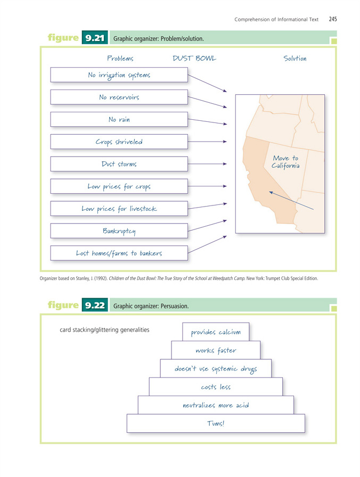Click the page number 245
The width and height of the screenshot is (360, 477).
(333, 19)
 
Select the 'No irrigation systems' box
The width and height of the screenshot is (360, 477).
(119, 75)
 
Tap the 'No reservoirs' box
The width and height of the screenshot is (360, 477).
(119, 97)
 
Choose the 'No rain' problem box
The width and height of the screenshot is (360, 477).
(119, 120)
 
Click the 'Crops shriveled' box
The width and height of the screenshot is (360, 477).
(119, 142)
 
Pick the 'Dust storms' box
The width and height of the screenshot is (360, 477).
(119, 164)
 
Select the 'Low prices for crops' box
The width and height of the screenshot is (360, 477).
(119, 186)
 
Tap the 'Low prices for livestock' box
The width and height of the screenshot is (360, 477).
(119, 209)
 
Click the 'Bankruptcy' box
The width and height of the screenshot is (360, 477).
(119, 231)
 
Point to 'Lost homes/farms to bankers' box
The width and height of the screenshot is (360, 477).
(119, 253)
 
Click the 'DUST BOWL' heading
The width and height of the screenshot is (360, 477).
(194, 58)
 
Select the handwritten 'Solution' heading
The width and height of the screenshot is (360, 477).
(294, 58)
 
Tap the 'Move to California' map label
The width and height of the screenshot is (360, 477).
(285, 162)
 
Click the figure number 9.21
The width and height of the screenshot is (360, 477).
(96, 38)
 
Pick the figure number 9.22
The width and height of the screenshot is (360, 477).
(96, 306)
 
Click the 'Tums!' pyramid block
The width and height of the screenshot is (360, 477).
(216, 423)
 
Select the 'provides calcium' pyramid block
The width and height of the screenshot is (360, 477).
(216, 332)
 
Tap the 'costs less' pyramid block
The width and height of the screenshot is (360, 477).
(216, 387)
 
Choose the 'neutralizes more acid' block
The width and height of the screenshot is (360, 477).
(216, 405)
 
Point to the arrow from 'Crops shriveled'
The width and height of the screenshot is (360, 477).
(208, 142)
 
